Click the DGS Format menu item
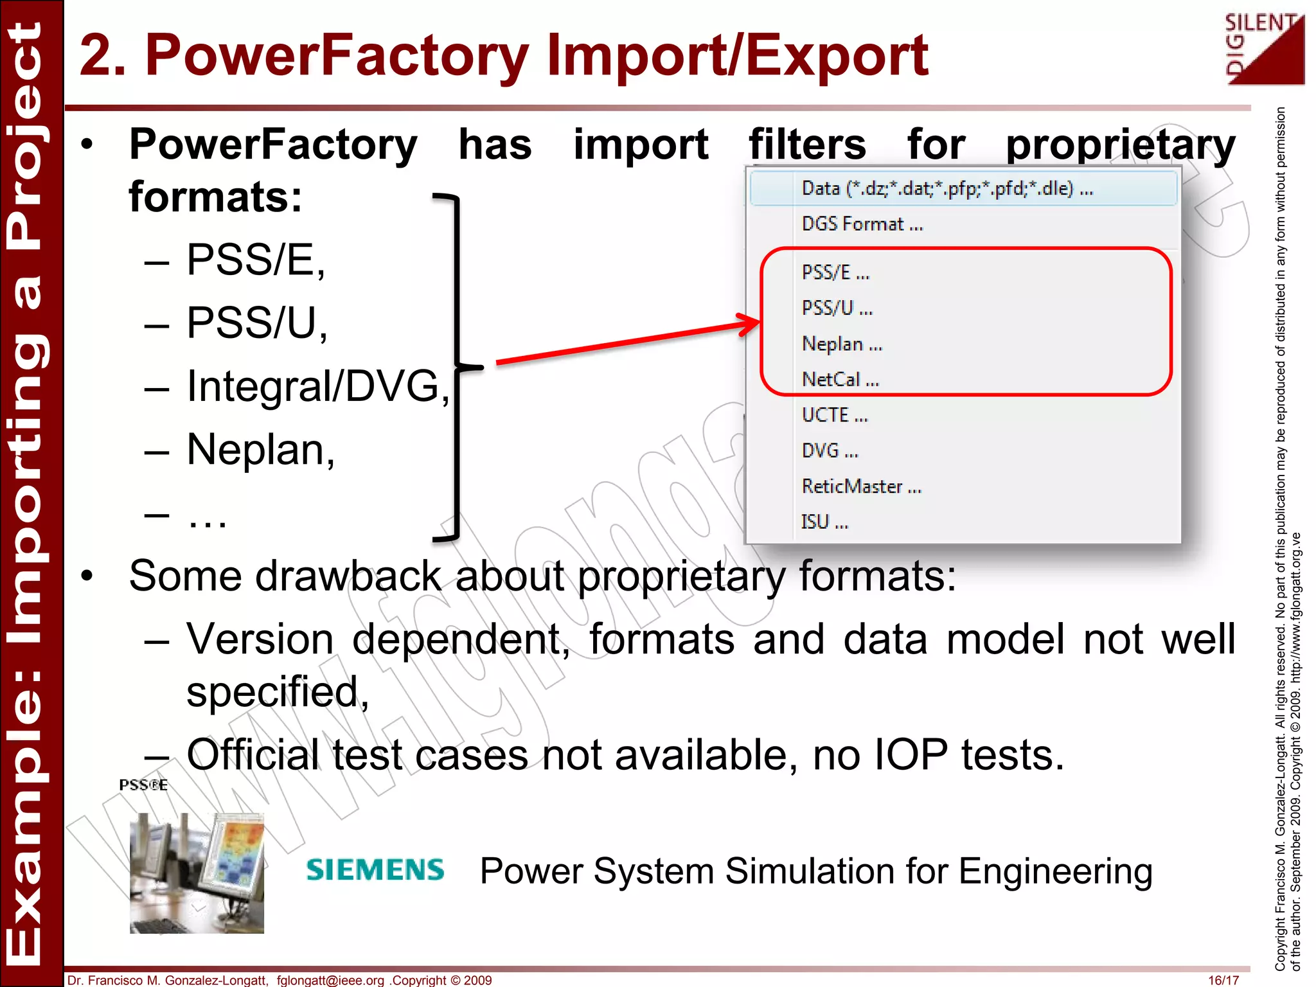pyautogui.click(x=861, y=224)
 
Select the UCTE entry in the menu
pyautogui.click(x=834, y=415)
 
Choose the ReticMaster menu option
pyautogui.click(x=861, y=486)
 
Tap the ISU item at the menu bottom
pyautogui.click(x=824, y=522)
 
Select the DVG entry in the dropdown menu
pyautogui.click(x=829, y=450)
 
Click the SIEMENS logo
pyautogui.click(x=375, y=870)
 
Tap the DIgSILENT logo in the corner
pyautogui.click(x=1264, y=50)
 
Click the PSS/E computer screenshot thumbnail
pyautogui.click(x=197, y=873)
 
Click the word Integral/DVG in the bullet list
pyautogui.click(x=318, y=386)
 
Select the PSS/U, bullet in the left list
pyautogui.click(x=256, y=323)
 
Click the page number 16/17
pyautogui.click(x=1223, y=980)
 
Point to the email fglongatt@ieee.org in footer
pyautogui.click(x=330, y=980)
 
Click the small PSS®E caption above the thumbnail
pyautogui.click(x=143, y=785)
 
